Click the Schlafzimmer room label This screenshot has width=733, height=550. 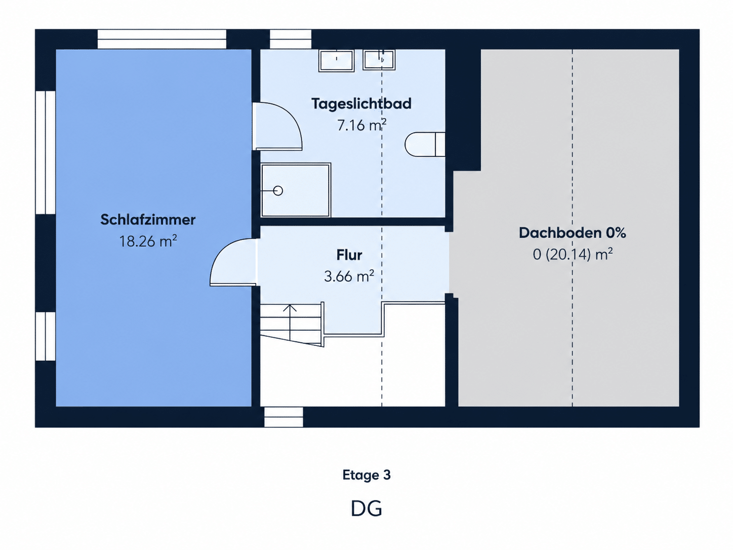(x=148, y=220)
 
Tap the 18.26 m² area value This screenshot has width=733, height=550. (x=148, y=241)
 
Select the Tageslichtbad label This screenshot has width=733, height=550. (x=361, y=104)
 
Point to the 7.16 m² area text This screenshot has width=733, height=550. (x=361, y=125)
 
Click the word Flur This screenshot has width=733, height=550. (x=349, y=255)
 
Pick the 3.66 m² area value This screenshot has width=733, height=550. (x=349, y=276)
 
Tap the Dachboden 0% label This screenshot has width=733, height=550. (x=573, y=233)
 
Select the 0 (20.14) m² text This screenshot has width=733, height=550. (x=573, y=254)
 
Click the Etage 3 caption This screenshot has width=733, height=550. (x=366, y=475)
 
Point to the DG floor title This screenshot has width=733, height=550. (x=366, y=508)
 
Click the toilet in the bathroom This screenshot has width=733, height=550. (x=425, y=144)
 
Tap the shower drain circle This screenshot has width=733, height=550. (x=278, y=191)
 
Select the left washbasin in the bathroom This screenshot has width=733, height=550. (x=336, y=60)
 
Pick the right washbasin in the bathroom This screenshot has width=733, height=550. (x=379, y=60)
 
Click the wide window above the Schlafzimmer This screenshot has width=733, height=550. (x=162, y=39)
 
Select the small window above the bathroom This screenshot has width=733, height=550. (x=291, y=39)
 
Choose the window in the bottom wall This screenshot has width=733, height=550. (x=284, y=417)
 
